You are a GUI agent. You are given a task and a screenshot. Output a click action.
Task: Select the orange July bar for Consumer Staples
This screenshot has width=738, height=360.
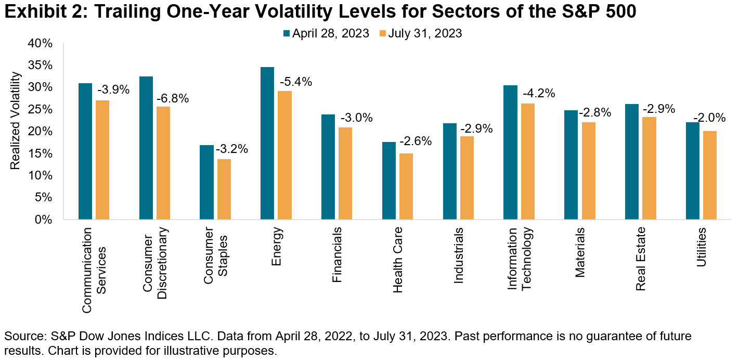click(x=224, y=189)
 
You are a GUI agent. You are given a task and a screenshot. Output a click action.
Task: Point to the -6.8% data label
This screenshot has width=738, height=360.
click(x=173, y=98)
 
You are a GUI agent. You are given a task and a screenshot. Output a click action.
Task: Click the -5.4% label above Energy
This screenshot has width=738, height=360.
click(x=295, y=82)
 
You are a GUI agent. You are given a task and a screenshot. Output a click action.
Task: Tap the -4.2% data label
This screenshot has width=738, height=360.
click(x=538, y=94)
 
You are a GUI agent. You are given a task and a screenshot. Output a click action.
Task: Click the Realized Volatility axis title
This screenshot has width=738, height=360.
click(x=15, y=121)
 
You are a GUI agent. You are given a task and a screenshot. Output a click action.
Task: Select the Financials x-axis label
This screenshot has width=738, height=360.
click(x=336, y=254)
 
